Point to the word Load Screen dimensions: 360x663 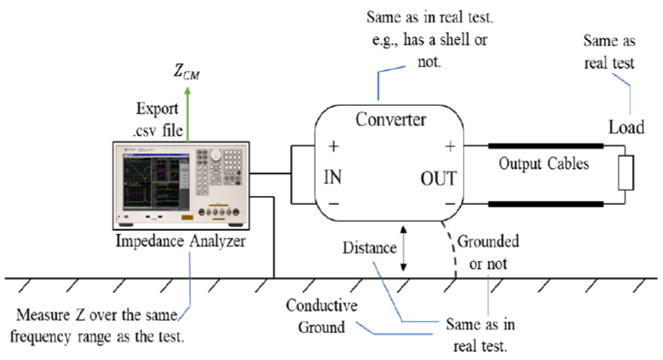click(626, 127)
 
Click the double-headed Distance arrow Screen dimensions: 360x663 click(404, 247)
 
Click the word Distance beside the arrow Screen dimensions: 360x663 click(369, 247)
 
